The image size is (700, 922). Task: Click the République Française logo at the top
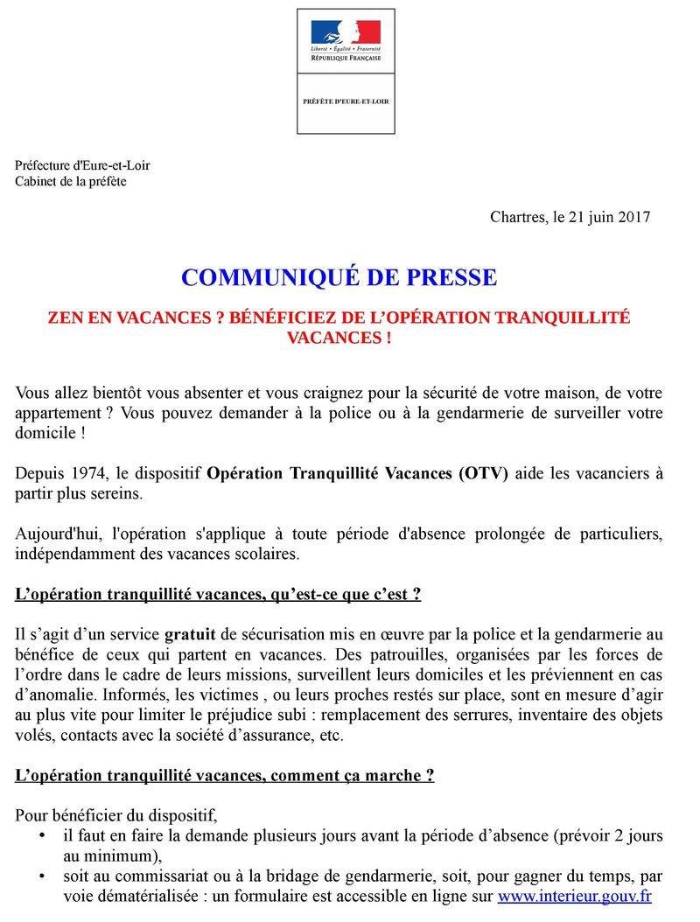point(346,38)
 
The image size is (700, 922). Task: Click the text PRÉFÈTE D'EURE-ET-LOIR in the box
point(346,102)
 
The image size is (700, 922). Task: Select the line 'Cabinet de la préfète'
point(71,181)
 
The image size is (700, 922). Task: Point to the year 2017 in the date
point(633,217)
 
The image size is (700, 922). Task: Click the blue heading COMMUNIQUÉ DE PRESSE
point(339,278)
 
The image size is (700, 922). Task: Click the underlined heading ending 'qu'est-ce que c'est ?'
point(219,594)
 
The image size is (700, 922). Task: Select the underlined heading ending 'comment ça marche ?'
point(225,775)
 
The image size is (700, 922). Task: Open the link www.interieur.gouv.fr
point(574,897)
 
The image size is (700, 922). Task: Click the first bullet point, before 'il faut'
point(44,836)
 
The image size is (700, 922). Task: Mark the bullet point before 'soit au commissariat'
point(44,877)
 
